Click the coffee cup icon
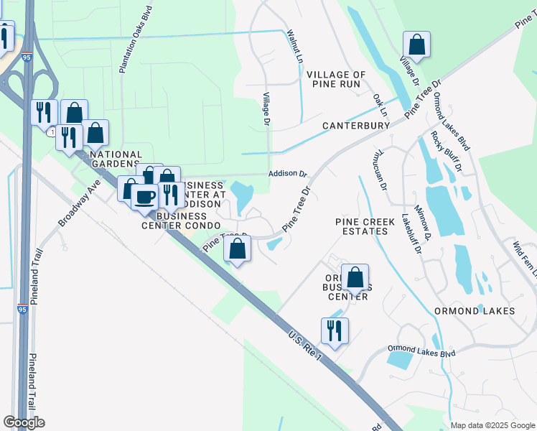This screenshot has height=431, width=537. [144, 197]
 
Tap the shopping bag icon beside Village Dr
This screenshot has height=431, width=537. [416, 45]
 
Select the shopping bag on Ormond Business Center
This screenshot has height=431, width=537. [355, 277]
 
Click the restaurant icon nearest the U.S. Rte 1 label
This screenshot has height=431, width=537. [335, 330]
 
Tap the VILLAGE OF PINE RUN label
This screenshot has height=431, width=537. [336, 80]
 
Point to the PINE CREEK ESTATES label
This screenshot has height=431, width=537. [365, 227]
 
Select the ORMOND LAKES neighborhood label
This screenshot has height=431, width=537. [475, 311]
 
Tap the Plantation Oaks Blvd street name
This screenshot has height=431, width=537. [127, 42]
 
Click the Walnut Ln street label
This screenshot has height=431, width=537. [294, 45]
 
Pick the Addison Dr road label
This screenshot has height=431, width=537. [287, 174]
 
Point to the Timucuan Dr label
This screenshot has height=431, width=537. [380, 170]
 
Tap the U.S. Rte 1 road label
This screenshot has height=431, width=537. [303, 345]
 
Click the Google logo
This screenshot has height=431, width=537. [24, 422]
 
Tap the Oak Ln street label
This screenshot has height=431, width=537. [380, 105]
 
